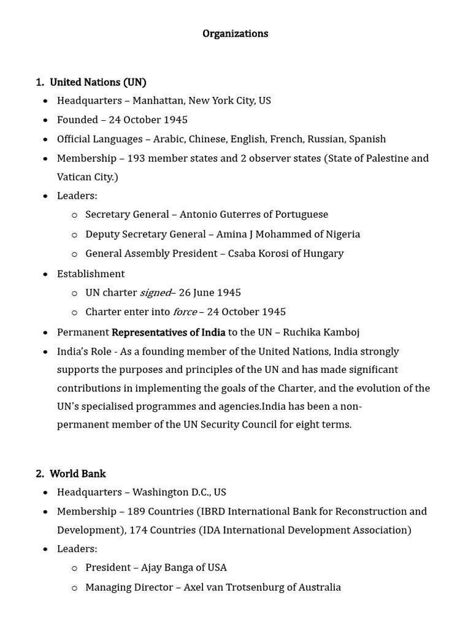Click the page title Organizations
[x=235, y=34]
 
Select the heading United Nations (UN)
[x=98, y=82]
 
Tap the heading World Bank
[x=77, y=473]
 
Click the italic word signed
[x=155, y=293]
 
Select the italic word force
[x=185, y=312]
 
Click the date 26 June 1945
[x=210, y=293]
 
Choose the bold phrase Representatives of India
[x=169, y=332]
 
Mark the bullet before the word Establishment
[x=45, y=274]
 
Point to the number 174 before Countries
[x=139, y=530]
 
